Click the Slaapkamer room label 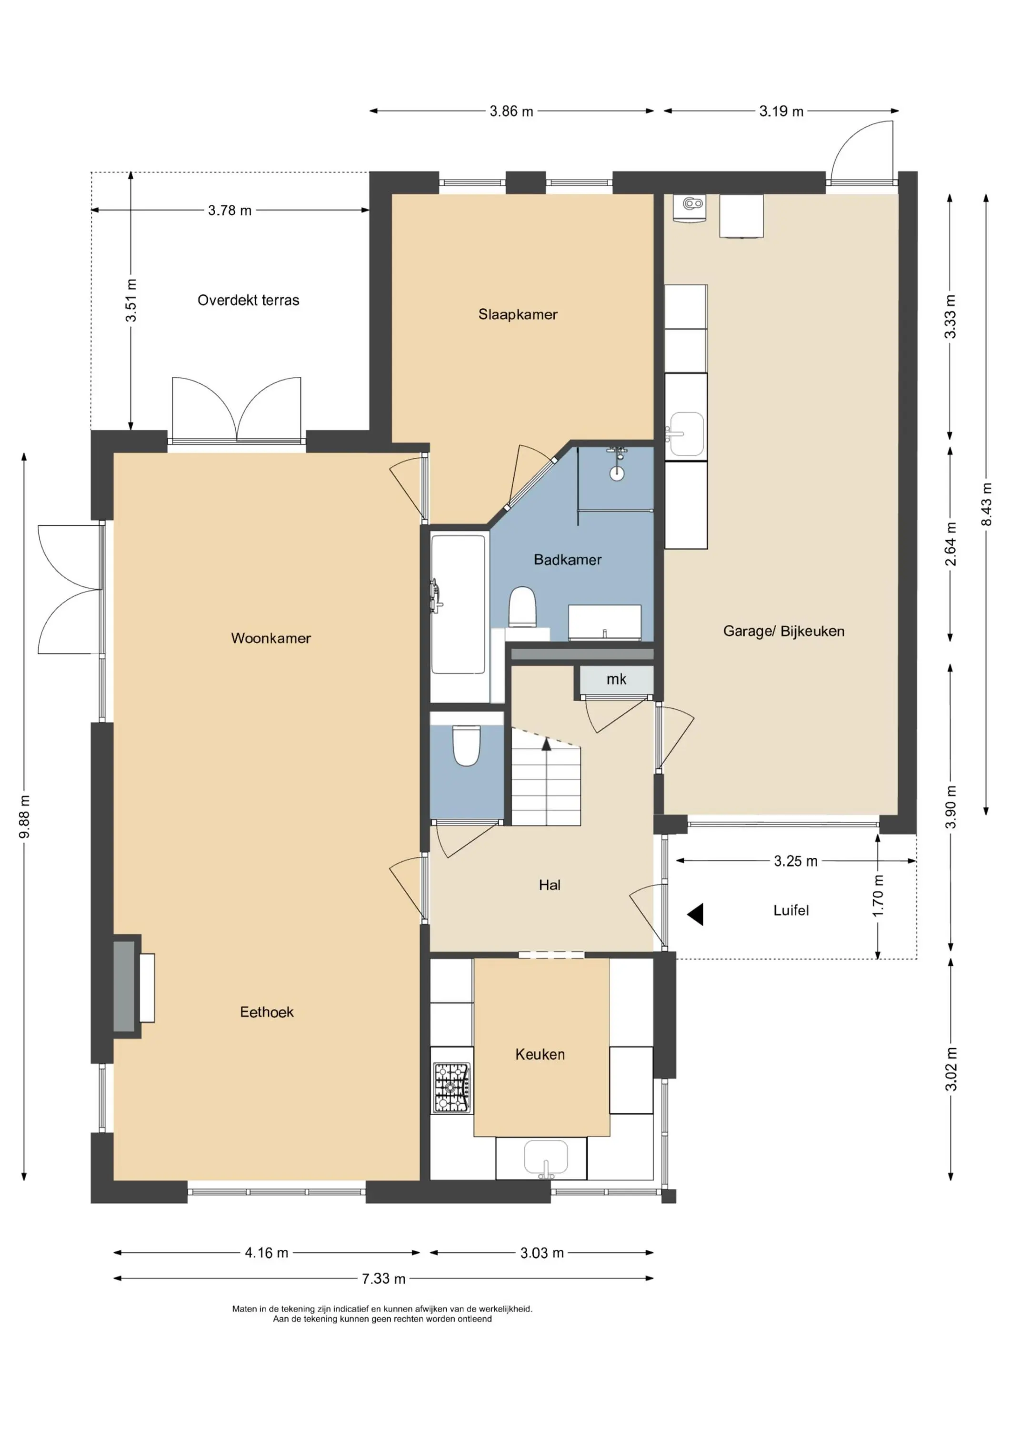point(518,314)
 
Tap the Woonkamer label point(270,638)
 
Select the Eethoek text point(266,1012)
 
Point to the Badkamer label point(568,560)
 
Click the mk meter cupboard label point(616,679)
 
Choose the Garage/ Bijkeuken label point(783,631)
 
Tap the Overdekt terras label point(248,300)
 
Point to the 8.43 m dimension point(986,504)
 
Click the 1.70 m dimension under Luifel point(878,896)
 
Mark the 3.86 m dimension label point(511,111)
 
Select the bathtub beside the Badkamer point(459,604)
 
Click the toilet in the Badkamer point(523,607)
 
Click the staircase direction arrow point(546,744)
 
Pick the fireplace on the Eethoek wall point(133,986)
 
